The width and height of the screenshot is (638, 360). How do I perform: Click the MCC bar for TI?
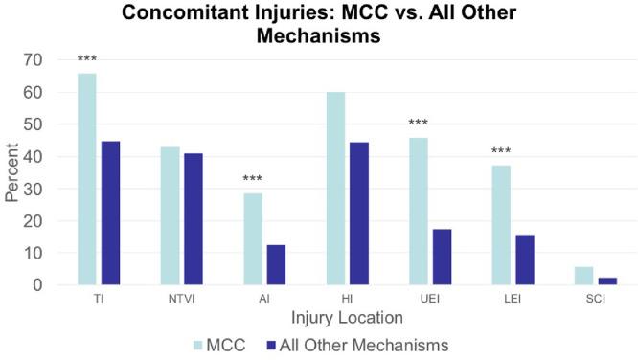[x=87, y=179]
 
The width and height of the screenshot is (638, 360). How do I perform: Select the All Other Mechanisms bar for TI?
[x=110, y=213]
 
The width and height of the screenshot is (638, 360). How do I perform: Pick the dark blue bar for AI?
[x=276, y=265]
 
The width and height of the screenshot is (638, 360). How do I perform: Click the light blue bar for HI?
[x=335, y=189]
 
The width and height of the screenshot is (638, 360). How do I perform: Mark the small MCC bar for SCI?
[x=583, y=276]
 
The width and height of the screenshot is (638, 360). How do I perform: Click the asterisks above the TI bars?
[x=87, y=62]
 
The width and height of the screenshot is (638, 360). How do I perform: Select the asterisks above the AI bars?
[x=253, y=180]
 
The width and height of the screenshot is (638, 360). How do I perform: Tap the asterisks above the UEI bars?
[x=419, y=124]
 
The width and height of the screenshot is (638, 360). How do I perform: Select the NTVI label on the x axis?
[x=180, y=301]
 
